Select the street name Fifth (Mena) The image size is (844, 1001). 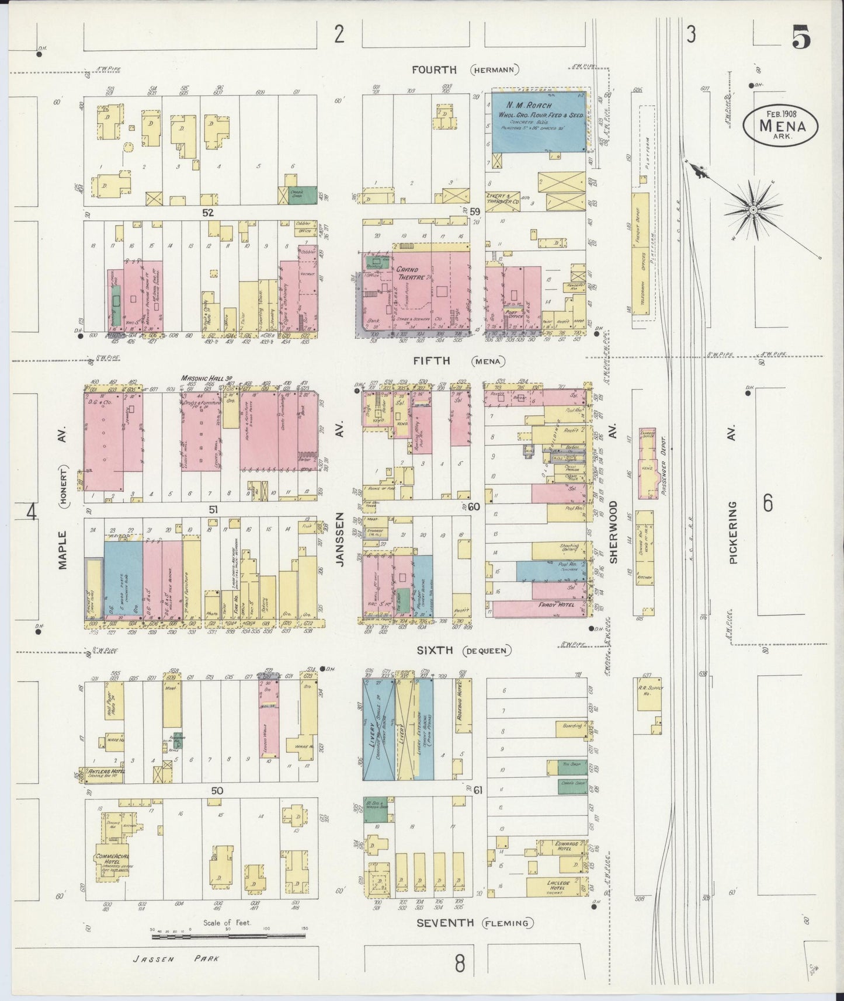pyautogui.click(x=457, y=361)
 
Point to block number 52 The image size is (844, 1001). pyautogui.click(x=208, y=213)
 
